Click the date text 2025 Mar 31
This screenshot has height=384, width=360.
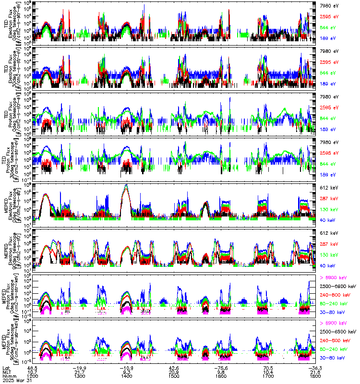pos(17,381)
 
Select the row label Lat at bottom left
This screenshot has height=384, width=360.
pos(6,366)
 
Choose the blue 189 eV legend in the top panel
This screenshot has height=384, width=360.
pos(328,37)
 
